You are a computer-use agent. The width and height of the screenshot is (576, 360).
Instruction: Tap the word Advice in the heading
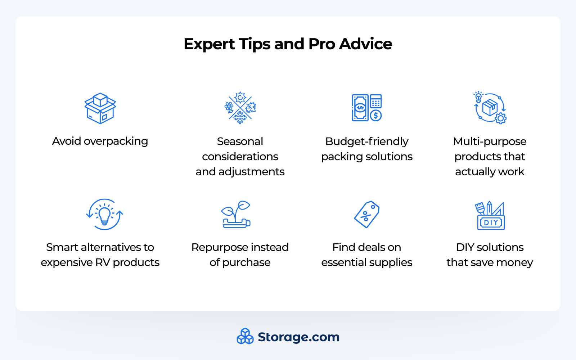point(365,44)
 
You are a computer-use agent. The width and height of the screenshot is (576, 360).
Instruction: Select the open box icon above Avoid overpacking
point(100,108)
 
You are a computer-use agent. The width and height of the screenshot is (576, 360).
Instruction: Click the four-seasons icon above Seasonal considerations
point(240,108)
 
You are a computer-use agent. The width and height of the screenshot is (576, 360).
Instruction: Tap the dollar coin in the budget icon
point(376,116)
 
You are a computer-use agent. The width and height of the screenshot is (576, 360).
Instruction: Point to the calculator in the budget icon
point(375,102)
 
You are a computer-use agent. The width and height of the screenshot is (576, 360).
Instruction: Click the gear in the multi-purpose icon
point(500,118)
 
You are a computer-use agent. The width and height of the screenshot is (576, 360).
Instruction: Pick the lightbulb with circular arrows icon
point(104,215)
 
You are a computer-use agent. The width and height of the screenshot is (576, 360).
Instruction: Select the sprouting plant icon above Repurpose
point(236,214)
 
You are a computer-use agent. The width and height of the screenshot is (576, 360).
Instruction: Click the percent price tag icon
point(367,215)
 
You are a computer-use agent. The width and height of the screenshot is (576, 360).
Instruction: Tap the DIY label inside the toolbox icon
point(491,222)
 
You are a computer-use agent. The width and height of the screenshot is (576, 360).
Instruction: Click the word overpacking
point(116,141)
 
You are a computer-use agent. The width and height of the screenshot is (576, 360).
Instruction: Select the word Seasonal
point(240,141)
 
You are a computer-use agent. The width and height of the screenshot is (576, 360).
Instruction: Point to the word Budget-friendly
point(366,141)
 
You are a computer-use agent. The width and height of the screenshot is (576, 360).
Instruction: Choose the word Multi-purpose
point(490,141)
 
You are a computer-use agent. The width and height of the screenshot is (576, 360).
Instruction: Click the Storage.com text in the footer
point(298,337)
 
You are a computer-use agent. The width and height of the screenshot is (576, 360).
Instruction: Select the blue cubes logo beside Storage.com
point(245,336)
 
